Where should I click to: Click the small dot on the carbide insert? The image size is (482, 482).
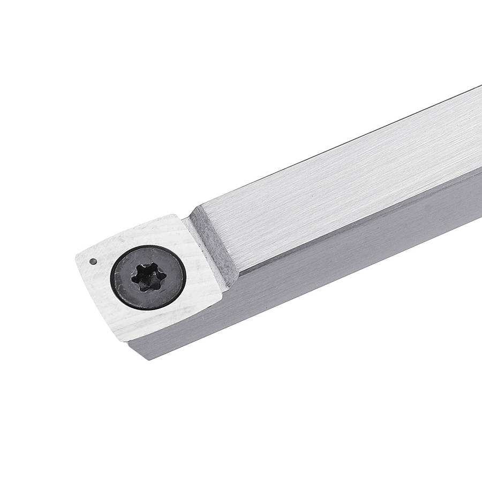[x=93, y=261]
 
